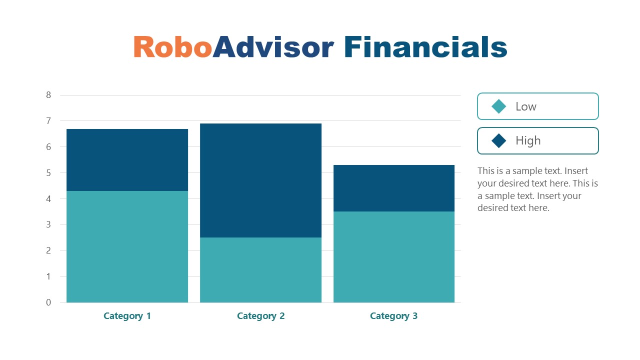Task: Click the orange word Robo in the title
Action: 172,47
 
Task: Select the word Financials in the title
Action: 425,47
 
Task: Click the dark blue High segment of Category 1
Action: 127,160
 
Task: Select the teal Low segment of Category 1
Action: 127,246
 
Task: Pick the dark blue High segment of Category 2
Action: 260,180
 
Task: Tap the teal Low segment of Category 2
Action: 260,270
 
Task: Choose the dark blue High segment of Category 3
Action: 394,188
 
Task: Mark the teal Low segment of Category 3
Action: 394,257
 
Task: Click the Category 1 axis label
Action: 127,316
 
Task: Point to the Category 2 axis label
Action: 260,316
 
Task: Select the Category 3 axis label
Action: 393,316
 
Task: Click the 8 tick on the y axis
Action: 48,95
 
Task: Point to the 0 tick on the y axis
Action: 48,302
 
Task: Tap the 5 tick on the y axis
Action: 48,173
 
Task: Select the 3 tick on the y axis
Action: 48,224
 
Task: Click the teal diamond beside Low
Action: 499,106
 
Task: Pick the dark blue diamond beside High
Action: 499,140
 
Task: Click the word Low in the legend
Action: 526,106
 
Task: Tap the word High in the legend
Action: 528,140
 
